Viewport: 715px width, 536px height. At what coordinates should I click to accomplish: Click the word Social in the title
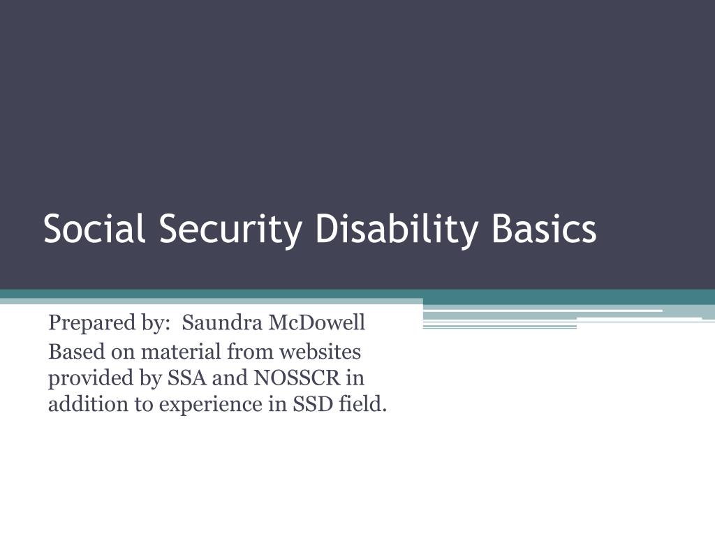click(x=94, y=228)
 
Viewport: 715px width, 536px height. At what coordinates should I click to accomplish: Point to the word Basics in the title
click(x=543, y=228)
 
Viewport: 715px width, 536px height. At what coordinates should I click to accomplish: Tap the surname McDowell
click(x=316, y=322)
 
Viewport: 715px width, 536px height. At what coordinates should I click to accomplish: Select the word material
click(x=181, y=352)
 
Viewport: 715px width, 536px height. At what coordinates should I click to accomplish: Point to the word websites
click(x=320, y=352)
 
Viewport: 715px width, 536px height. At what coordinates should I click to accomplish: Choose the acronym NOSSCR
click(x=296, y=378)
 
